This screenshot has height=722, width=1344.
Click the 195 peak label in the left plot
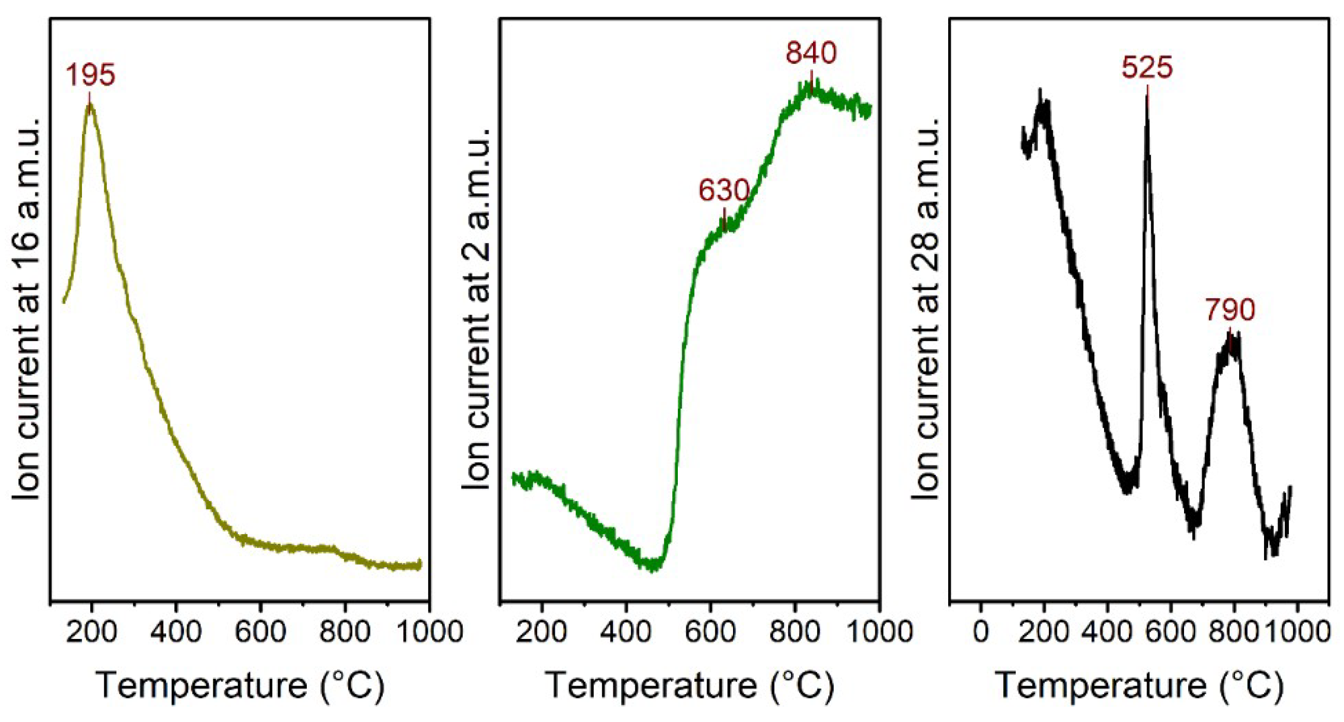point(90,74)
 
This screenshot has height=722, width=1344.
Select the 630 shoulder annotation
point(724,190)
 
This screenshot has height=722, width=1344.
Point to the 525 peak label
point(1147,67)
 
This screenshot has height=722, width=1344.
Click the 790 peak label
point(1230,310)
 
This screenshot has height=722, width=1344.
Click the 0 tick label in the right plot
point(981,632)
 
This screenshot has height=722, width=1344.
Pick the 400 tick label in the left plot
point(176,632)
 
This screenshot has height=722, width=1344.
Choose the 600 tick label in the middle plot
point(710,632)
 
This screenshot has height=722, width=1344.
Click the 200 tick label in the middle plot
point(542,632)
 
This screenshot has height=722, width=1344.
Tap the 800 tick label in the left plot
point(344,632)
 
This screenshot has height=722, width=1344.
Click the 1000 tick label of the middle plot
point(880,632)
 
